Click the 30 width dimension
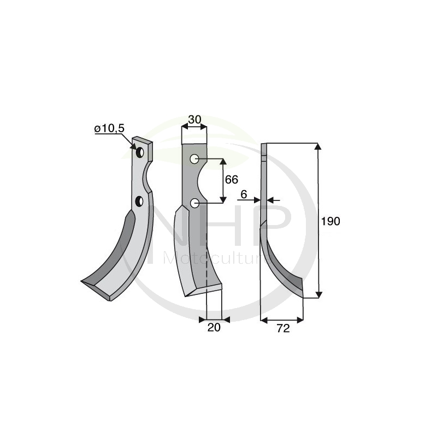tap(194, 119)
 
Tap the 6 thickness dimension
tap(243, 194)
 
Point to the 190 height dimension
tap(330, 221)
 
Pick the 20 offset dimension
tap(214, 328)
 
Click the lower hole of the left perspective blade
tap(139, 202)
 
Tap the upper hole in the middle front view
tap(194, 160)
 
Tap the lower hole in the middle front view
tap(194, 203)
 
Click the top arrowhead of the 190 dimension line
tap(319, 147)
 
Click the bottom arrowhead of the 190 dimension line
tap(319, 295)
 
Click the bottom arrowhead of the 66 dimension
tap(222, 199)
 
